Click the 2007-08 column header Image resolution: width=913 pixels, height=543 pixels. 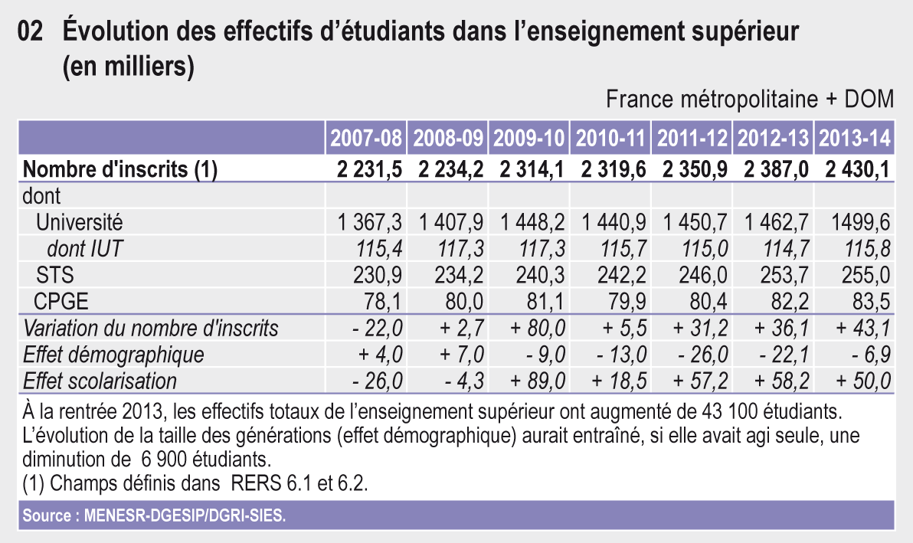click(366, 139)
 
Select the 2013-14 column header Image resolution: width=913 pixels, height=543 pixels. click(854, 139)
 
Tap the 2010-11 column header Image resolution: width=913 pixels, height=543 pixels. click(610, 139)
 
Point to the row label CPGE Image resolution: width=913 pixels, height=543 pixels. click(61, 302)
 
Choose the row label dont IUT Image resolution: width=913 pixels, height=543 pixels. click(85, 249)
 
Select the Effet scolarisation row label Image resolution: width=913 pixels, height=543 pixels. click(100, 381)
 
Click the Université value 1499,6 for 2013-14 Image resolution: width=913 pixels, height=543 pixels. click(860, 223)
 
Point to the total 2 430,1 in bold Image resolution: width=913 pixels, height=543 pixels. click(857, 170)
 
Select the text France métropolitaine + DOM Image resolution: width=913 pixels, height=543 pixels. click(749, 100)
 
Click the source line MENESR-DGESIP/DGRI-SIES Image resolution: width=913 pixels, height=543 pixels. click(154, 515)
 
